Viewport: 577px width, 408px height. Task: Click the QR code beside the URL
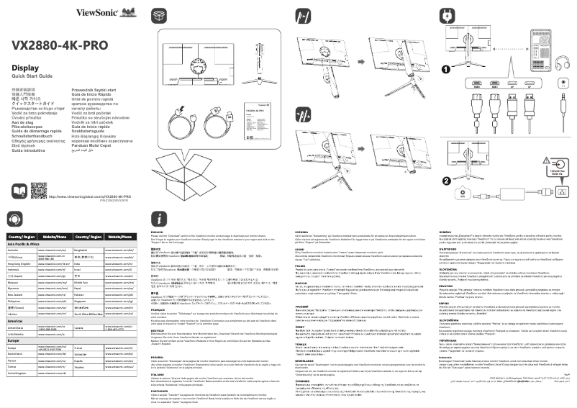pos(39,190)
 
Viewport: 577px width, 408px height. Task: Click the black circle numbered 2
pos(446,180)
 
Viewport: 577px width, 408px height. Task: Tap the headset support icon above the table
pos(15,219)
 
